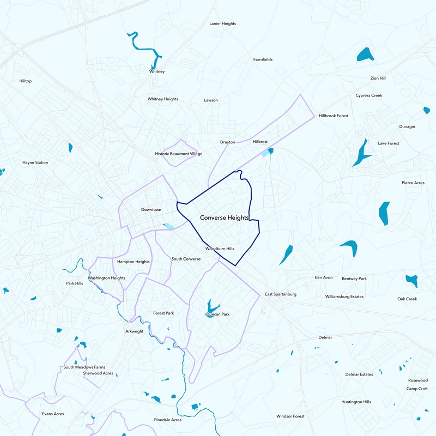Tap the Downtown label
tap(151, 210)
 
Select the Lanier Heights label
tap(222, 23)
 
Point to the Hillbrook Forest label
tap(334, 116)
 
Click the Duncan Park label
tap(217, 314)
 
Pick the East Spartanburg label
tap(281, 294)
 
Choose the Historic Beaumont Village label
tap(179, 154)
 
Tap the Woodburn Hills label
tap(220, 249)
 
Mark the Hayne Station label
tap(35, 162)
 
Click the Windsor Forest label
tap(290, 416)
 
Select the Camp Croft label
tap(417, 389)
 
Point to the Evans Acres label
tap(53, 414)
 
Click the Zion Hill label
tap(378, 78)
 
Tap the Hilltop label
tap(26, 81)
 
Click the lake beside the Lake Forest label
tap(361, 153)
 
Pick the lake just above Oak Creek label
tap(411, 280)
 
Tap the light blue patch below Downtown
tap(168, 226)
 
